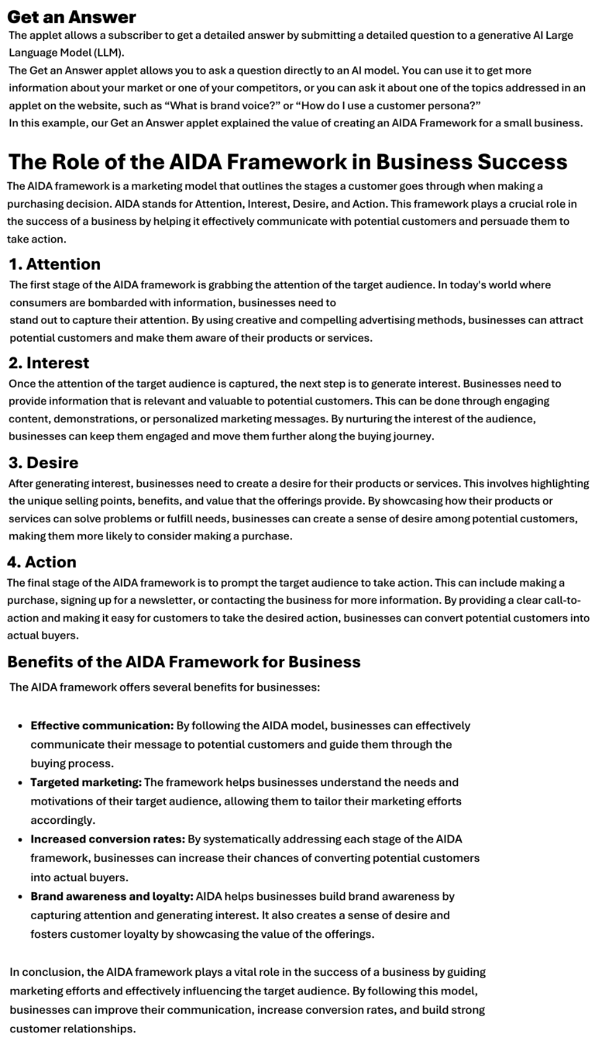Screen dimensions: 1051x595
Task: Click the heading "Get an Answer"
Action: point(71,17)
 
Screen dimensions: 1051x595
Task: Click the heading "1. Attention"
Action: point(54,264)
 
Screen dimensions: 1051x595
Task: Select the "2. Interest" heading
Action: point(49,363)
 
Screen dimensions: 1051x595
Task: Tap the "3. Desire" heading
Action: point(43,463)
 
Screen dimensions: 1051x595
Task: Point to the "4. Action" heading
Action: point(42,561)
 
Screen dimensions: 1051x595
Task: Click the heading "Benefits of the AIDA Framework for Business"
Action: point(184,662)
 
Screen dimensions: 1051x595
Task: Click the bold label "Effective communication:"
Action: point(101,726)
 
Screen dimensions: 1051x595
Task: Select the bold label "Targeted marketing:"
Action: point(86,783)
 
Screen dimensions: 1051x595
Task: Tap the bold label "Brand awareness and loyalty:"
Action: point(112,896)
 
